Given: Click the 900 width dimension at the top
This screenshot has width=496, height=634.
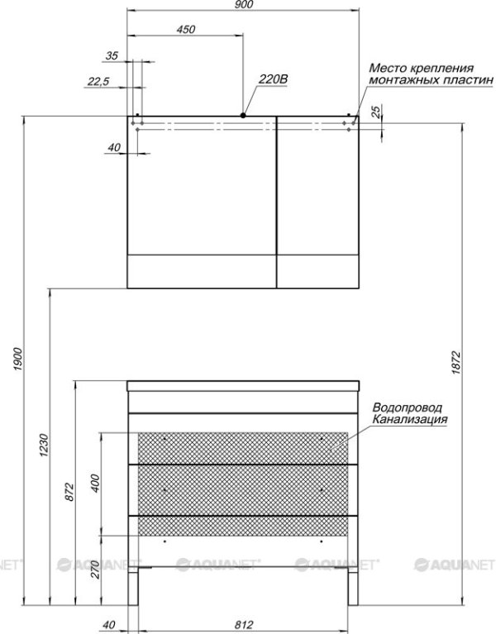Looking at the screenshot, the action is coord(244,4).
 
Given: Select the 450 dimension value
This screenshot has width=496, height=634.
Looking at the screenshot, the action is coord(186,30).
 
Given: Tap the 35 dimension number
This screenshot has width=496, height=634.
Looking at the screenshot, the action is coord(112,56).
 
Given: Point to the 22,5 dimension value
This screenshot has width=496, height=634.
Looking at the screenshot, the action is coord(98,82).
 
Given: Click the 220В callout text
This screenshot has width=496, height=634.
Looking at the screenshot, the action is coord(274,79).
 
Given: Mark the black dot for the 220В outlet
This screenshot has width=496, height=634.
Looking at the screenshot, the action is coord(243,116).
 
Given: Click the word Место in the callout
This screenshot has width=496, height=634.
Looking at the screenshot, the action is coord(386,68).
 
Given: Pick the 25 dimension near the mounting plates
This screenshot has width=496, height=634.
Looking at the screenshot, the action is coord(376,112).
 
